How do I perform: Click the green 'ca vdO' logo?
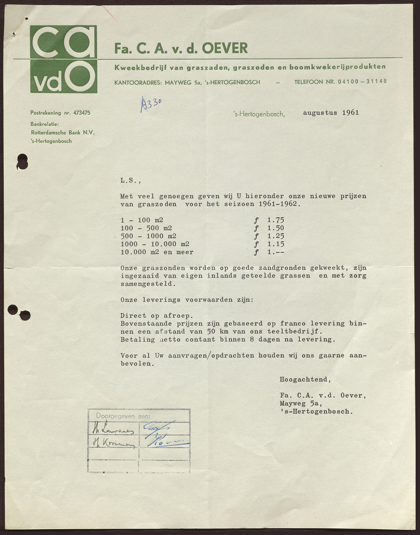(63, 59)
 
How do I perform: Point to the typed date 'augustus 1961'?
(331, 113)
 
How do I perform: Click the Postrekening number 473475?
(81, 113)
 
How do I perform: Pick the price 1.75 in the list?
(275, 220)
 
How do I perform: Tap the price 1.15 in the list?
(275, 244)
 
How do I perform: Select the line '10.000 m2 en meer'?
(157, 252)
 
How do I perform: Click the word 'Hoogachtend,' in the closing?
(305, 379)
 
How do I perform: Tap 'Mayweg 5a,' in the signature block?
(301, 404)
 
